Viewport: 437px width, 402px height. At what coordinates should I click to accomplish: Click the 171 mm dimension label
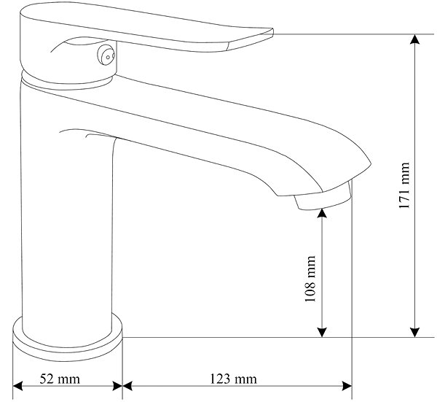(404, 185)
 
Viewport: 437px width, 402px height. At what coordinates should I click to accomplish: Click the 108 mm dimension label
(310, 279)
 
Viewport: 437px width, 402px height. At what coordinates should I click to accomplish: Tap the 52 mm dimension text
(60, 379)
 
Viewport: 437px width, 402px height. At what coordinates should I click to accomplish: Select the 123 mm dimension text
(233, 379)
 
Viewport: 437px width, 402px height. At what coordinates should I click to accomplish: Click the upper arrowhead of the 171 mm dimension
(415, 39)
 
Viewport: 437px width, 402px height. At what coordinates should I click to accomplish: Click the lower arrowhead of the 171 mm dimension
(415, 332)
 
